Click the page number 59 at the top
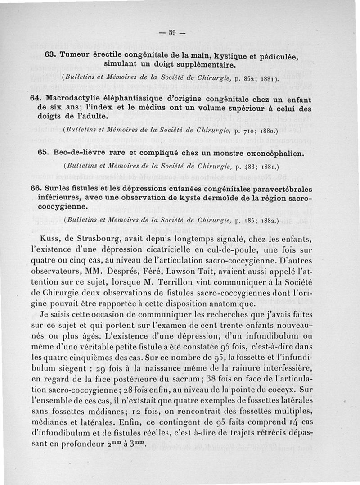(x=171, y=32)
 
